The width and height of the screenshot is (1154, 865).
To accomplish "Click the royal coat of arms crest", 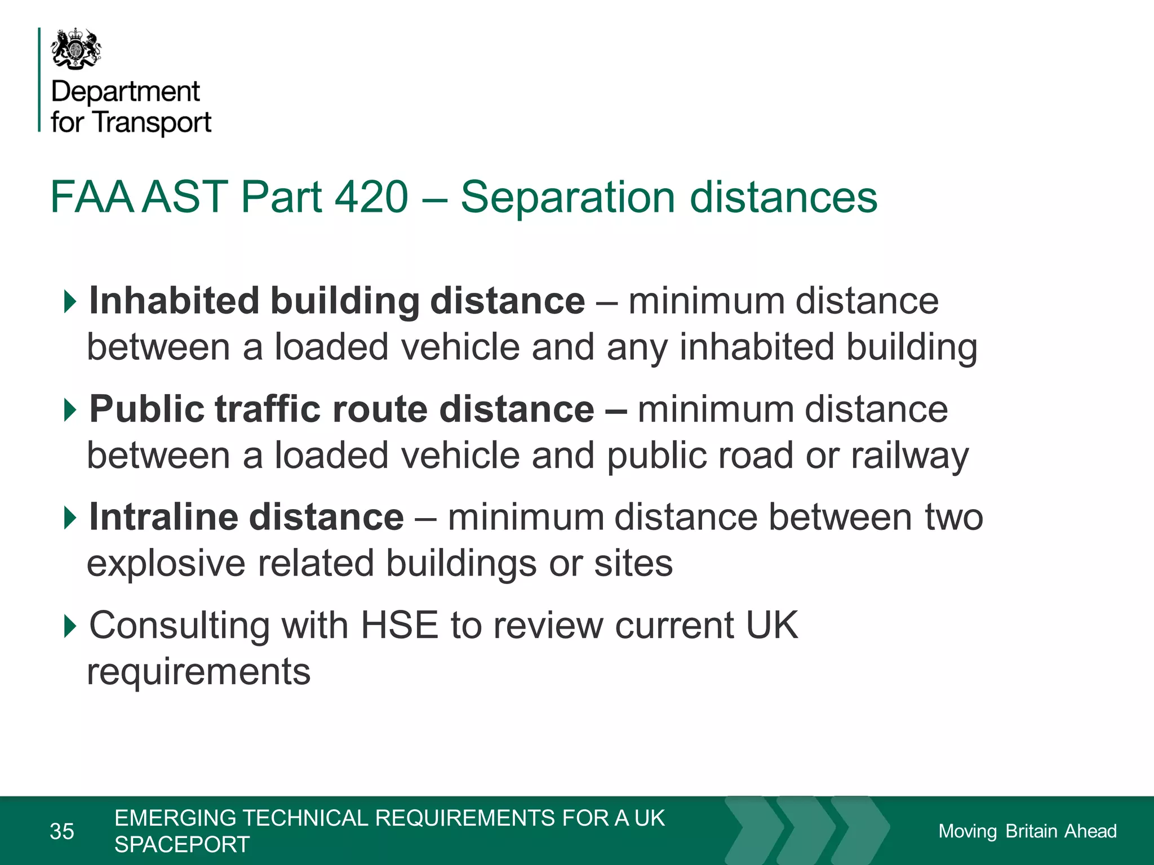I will coord(76,49).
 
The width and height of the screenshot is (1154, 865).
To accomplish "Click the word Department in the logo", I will coord(125,92).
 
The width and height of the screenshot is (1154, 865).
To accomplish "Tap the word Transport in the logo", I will coord(152,122).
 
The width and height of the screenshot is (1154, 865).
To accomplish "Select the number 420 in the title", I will coord(371,197).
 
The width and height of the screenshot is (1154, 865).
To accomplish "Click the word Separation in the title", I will coord(567,197).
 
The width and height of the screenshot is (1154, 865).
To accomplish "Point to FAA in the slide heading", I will coord(92,197).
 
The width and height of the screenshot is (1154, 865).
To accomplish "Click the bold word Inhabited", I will coord(174,300).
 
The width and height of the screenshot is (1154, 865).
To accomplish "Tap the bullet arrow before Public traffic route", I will coord(70,409).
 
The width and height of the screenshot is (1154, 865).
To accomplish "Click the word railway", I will coord(909,455).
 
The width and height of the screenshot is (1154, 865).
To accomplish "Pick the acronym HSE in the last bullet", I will coord(399,625).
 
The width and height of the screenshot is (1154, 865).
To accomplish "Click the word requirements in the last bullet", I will coord(198,671).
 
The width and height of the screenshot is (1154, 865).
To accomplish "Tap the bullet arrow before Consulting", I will coord(70,626).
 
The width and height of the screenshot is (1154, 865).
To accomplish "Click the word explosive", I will coord(166,563).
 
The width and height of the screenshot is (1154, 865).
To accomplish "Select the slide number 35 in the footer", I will coord(62,831).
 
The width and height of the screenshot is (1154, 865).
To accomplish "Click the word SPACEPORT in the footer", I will coord(182,844).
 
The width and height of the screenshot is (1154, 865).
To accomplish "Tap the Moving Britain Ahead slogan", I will coord(1027,831).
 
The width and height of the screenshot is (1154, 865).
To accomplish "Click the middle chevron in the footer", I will coord(806,830).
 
